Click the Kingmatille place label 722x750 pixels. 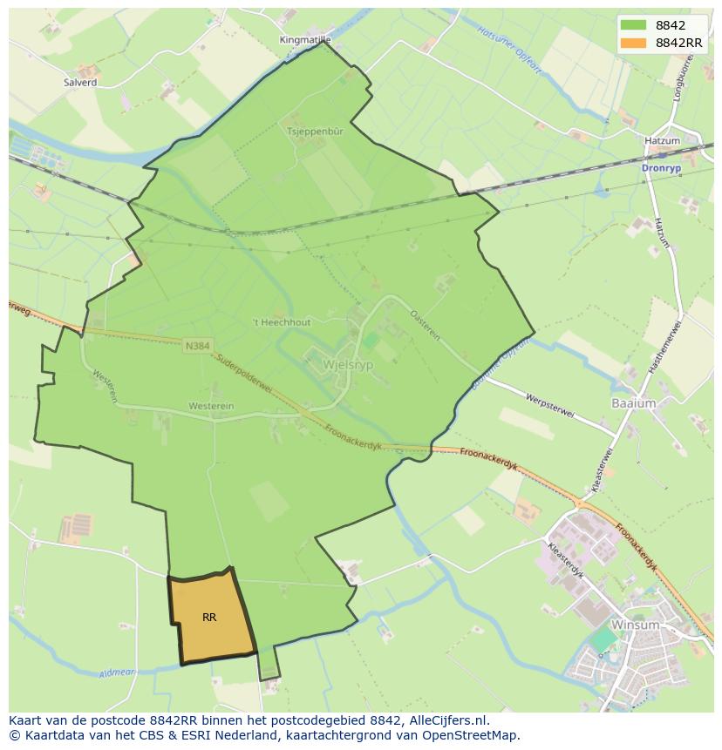[305, 40]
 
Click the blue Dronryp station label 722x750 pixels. [660, 168]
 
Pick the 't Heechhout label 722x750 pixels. [281, 322]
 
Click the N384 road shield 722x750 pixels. [198, 346]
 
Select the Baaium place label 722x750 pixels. [633, 403]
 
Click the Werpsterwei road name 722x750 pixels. [550, 405]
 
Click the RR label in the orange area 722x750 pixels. [209, 618]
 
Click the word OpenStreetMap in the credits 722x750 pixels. [474, 735]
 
